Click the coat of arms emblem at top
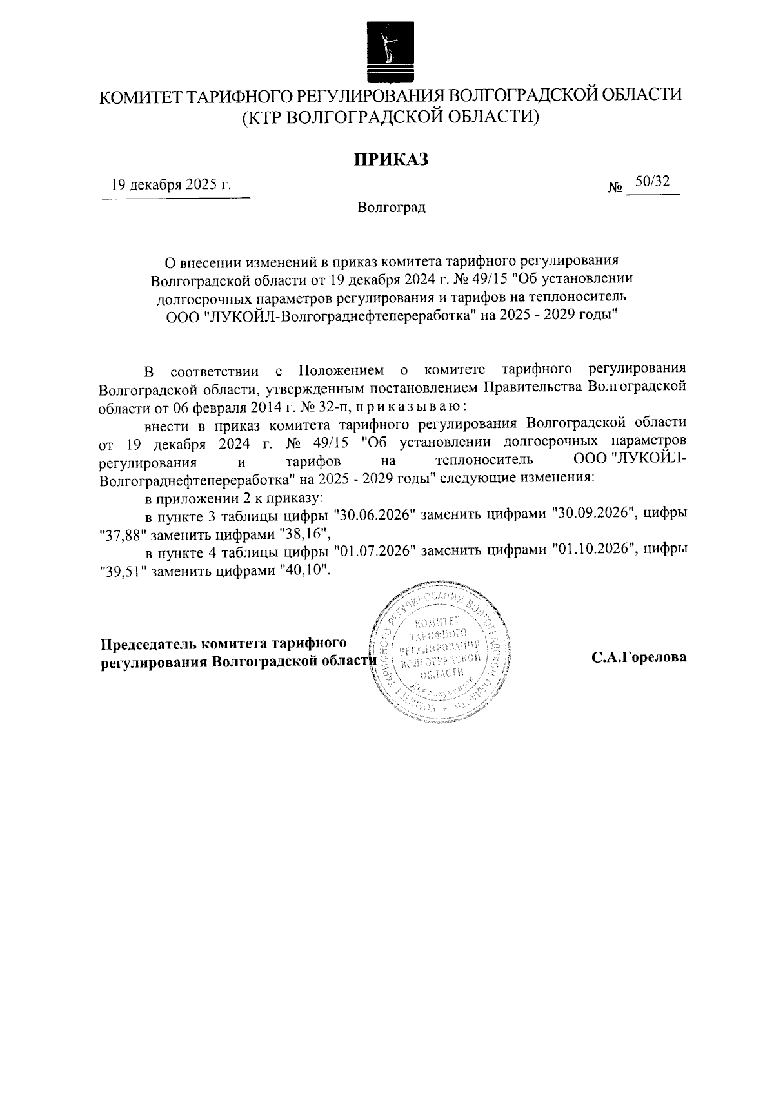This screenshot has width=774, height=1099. coord(388,52)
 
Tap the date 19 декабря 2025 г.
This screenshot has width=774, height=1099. coord(171,185)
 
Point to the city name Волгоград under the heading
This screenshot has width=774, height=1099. coord(391,208)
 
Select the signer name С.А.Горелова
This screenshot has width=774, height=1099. coord(639,657)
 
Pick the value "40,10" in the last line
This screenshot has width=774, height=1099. coord(306,570)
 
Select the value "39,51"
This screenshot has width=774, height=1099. coord(124,570)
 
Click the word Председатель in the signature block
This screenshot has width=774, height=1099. coord(148,644)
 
